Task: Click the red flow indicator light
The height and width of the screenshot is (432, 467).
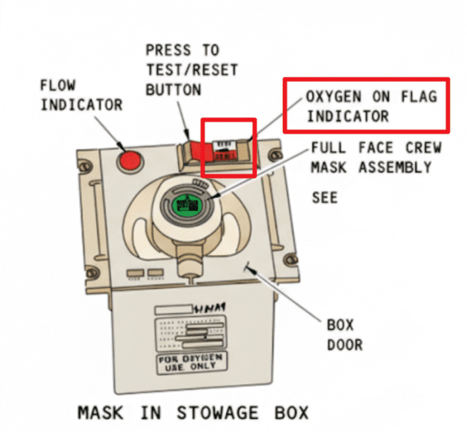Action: pos(129,160)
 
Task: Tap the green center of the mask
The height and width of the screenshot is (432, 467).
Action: pos(185,203)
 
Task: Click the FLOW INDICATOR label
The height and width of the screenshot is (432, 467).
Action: pos(81,95)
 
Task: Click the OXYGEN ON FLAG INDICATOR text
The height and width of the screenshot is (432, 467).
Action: pos(366,106)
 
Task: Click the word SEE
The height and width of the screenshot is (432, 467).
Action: pos(325,198)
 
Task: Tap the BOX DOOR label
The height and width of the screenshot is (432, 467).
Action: pos(344,334)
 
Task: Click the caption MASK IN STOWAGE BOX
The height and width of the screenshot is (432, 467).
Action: pos(192,412)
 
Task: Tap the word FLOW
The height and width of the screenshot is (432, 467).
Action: pos(57,86)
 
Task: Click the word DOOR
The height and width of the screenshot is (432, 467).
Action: pos(344,344)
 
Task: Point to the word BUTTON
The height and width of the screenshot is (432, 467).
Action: pos(173,89)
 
